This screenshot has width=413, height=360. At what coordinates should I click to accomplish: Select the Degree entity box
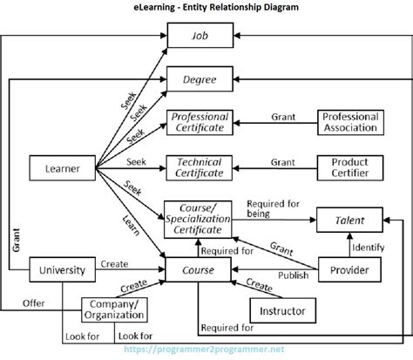click(200, 81)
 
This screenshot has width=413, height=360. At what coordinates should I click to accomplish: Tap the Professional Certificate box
click(200, 122)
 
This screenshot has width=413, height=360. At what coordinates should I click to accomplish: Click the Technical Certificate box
click(200, 167)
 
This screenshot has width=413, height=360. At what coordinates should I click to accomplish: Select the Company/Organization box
click(114, 309)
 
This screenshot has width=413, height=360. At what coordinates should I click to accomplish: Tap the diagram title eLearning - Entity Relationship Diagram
click(206, 8)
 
